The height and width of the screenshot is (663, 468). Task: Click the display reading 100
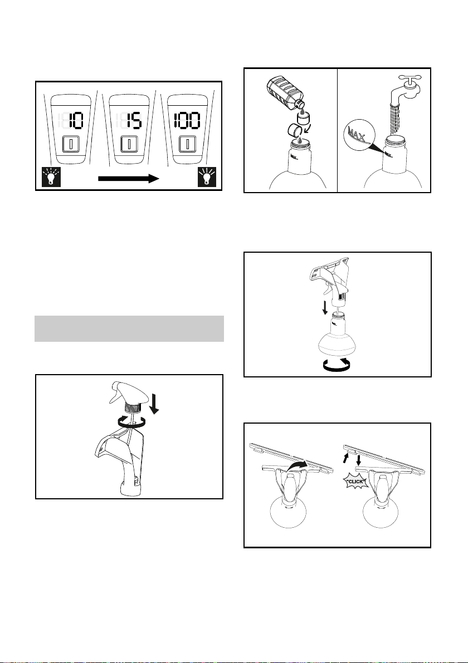187,121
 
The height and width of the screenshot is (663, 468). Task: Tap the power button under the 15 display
129,144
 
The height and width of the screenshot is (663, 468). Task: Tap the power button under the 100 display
187,144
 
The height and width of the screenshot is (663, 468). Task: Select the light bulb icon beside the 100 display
207,176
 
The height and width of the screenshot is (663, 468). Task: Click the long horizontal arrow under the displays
128,179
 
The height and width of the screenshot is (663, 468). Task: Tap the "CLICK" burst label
355,482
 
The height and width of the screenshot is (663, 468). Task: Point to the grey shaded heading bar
129,328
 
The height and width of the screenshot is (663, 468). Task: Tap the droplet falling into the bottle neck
300,140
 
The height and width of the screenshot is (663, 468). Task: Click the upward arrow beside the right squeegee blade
346,458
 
